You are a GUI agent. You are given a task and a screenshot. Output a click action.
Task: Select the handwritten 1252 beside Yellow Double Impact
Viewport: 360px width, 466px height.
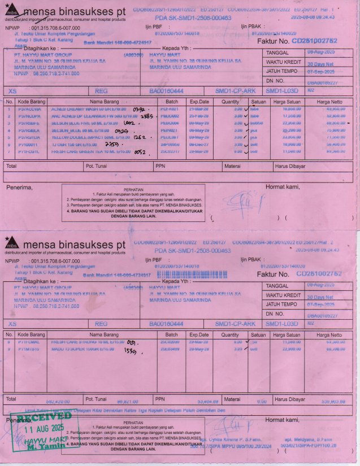coord(140,137)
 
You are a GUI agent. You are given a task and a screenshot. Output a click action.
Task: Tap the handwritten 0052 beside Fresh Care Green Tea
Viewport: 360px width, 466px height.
coord(141,152)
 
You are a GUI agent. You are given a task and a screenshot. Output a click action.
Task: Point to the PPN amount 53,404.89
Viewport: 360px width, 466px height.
coord(198,402)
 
